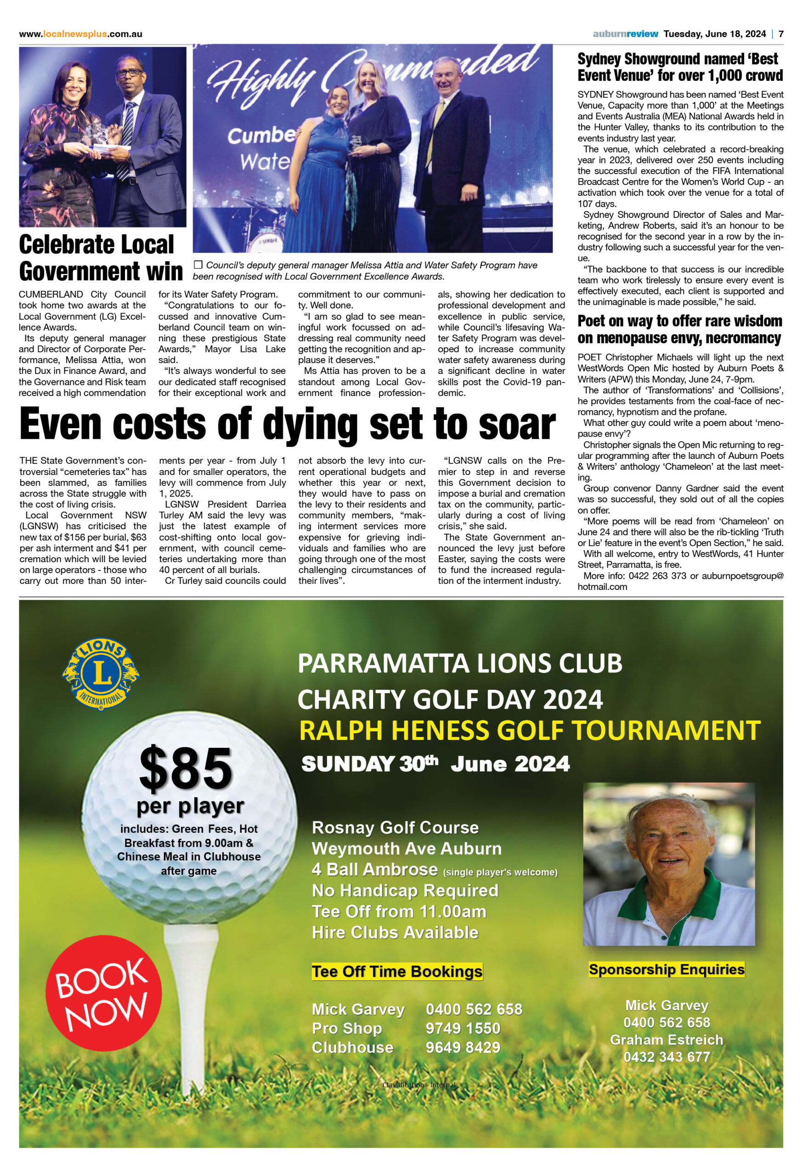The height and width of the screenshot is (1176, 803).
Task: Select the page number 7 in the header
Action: pos(781,34)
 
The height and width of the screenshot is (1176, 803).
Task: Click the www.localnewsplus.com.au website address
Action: pos(80,34)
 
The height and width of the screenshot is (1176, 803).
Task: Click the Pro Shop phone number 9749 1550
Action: pos(463,1028)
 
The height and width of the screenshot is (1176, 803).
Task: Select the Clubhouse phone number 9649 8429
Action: pos(463,1047)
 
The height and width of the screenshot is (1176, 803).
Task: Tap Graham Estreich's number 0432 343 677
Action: pos(667,1057)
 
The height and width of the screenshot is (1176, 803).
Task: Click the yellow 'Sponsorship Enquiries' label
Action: pos(667,970)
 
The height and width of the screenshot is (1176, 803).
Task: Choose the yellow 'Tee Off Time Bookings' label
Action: pos(397,972)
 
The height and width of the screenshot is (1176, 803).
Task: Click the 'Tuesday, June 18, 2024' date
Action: pos(714,34)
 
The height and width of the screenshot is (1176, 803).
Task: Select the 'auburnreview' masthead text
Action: pos(625,34)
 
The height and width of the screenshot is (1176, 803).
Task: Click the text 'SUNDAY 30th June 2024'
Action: pos(435,763)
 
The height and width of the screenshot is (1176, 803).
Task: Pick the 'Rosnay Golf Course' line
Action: pos(395,827)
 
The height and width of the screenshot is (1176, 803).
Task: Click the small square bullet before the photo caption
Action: pos(198,265)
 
